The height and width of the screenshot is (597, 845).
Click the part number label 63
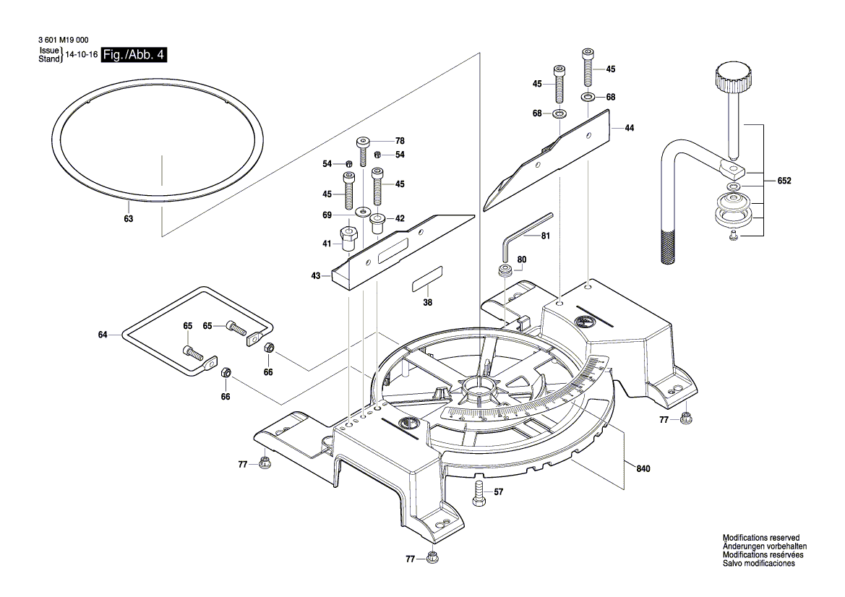[128, 218]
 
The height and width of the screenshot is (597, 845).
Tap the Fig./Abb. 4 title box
[134, 55]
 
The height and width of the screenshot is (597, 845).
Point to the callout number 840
[643, 469]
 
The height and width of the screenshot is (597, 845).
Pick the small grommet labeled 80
[505, 272]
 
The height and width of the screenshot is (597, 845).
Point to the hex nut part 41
[348, 239]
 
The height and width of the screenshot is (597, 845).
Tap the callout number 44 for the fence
[629, 128]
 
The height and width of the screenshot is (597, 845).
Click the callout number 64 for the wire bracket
[103, 335]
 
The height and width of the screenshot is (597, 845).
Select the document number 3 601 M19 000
[63, 42]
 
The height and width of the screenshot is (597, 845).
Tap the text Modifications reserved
[760, 538]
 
